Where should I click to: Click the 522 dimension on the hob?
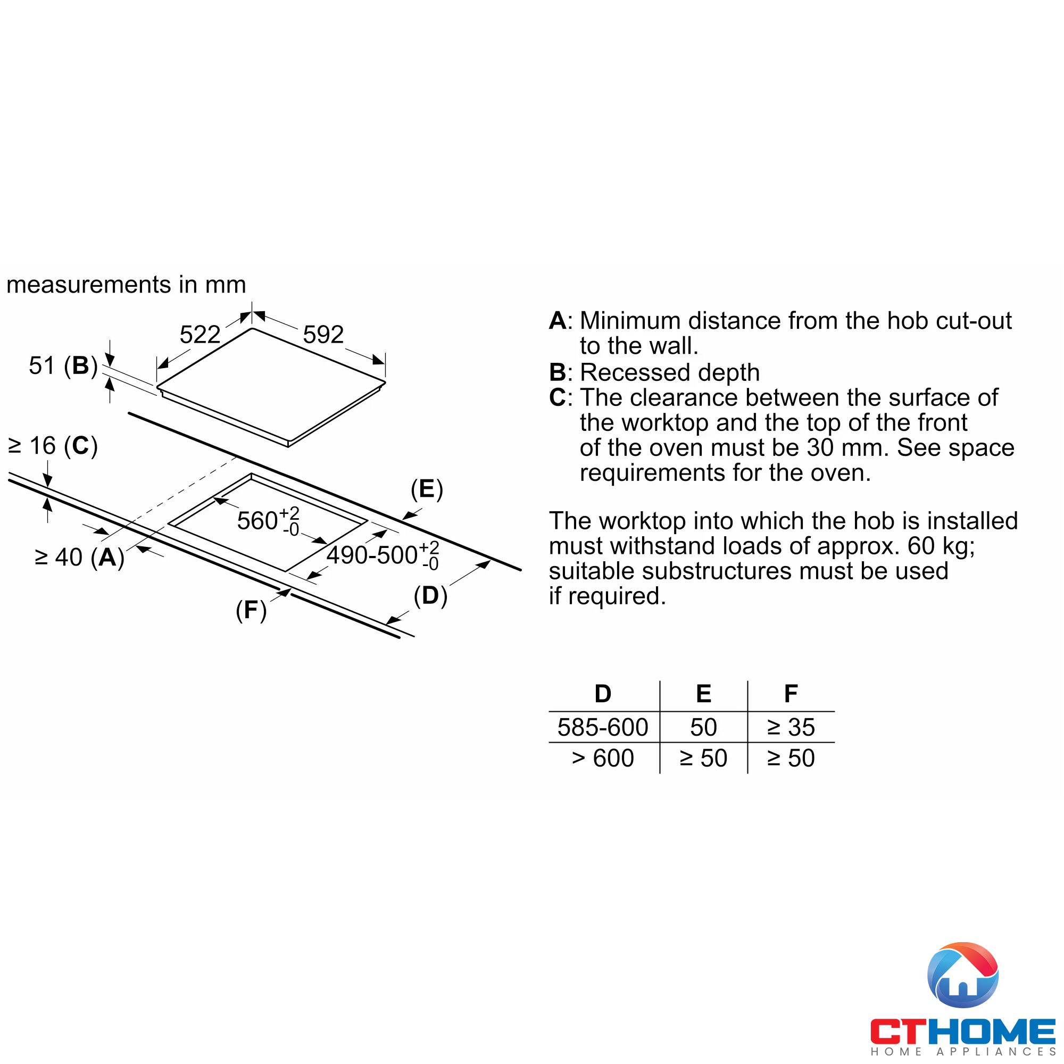200,334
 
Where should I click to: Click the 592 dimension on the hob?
323,334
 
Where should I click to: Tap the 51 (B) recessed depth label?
63,365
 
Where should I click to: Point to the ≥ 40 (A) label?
79,558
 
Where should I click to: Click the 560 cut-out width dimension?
268,520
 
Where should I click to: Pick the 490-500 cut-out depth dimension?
382,554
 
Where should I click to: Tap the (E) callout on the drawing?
427,489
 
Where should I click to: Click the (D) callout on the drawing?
430,596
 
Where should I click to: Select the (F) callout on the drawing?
251,610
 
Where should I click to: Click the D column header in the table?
603,694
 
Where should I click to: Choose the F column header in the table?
791,694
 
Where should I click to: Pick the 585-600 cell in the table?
603,727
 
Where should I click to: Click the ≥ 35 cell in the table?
791,727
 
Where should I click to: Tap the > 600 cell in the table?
603,758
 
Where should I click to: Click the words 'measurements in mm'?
126,285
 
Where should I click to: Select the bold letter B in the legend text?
558,373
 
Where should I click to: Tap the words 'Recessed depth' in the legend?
670,373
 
